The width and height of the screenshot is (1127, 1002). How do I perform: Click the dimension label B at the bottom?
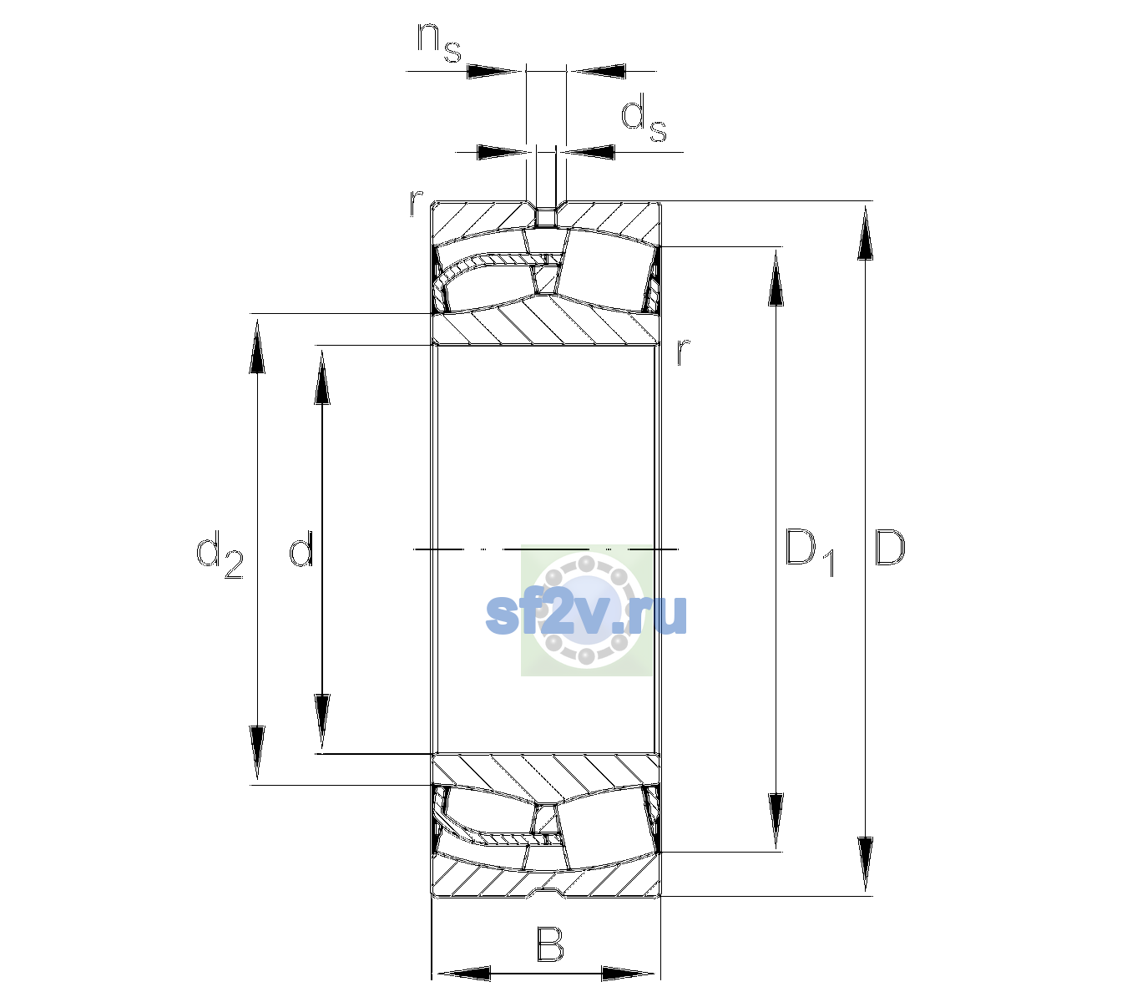click(x=549, y=944)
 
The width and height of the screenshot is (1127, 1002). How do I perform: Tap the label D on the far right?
click(x=889, y=548)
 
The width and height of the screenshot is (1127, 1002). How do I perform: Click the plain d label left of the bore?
click(x=301, y=548)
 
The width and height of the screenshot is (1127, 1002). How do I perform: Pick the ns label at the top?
click(x=439, y=43)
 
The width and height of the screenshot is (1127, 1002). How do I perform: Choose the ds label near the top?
click(x=643, y=118)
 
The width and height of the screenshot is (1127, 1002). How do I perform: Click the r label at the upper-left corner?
click(x=416, y=203)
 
